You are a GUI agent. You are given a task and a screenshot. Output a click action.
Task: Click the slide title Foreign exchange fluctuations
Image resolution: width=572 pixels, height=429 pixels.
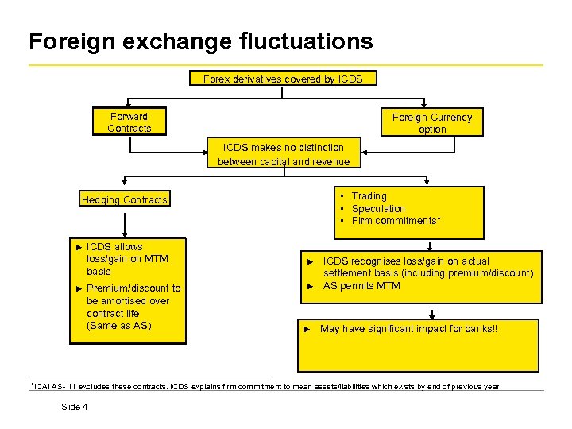click(x=200, y=41)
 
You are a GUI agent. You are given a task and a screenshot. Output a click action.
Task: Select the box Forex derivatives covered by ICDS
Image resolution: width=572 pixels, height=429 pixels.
click(x=283, y=79)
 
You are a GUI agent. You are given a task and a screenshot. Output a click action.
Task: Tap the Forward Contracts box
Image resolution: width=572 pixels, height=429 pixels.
click(x=129, y=122)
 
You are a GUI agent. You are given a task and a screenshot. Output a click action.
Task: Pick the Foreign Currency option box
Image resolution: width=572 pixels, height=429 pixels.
click(x=431, y=123)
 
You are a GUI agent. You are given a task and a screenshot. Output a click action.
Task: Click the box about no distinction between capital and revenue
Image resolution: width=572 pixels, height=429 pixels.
click(x=283, y=155)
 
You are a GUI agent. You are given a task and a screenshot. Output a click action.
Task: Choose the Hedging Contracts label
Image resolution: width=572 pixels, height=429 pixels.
click(x=125, y=200)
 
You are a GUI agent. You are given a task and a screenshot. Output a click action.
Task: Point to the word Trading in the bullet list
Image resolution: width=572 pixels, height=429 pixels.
click(x=369, y=196)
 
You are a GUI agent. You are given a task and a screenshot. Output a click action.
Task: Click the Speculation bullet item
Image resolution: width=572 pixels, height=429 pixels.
click(x=378, y=209)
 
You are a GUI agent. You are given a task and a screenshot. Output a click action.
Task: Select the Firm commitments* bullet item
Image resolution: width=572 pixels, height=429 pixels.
click(x=396, y=221)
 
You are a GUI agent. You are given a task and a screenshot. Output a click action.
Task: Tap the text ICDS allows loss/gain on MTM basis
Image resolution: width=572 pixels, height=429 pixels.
click(x=126, y=259)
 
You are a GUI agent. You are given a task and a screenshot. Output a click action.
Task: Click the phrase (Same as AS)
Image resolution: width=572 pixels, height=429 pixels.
click(x=118, y=327)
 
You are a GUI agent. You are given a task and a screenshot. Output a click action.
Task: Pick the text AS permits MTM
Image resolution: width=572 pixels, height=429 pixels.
click(x=361, y=286)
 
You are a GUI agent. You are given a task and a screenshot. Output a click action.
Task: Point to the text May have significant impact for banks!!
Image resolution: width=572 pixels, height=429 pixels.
click(x=408, y=329)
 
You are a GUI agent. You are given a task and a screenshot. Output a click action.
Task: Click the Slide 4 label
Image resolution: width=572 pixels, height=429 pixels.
click(x=74, y=408)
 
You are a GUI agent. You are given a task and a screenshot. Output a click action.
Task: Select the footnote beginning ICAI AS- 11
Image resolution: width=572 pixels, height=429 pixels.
click(x=266, y=387)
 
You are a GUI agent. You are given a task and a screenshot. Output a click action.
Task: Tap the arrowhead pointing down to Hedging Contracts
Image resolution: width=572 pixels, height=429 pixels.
click(x=123, y=181)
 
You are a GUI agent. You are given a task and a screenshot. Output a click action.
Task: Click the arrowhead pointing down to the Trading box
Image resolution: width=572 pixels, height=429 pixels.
click(x=427, y=181)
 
